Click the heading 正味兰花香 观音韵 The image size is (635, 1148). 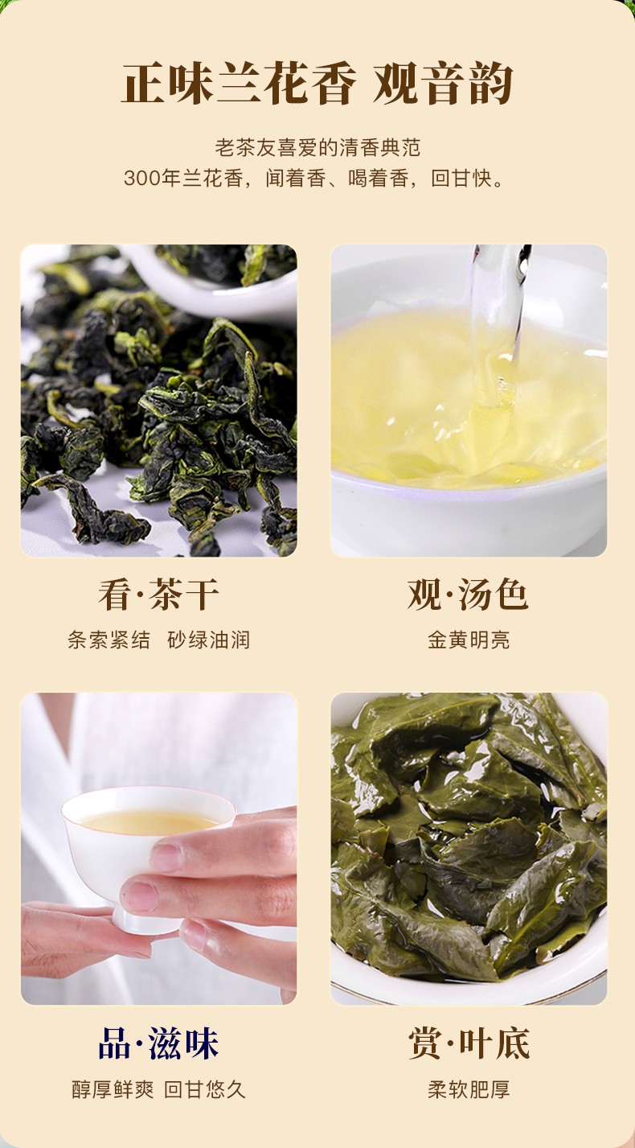(317, 84)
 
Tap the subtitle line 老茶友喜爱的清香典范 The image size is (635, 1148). (317, 147)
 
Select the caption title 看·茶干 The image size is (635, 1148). (159, 595)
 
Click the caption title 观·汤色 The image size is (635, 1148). (468, 595)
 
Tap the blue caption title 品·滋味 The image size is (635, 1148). (159, 1043)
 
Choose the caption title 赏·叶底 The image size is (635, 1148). (469, 1043)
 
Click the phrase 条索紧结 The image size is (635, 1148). (109, 640)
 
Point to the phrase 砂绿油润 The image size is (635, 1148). (209, 640)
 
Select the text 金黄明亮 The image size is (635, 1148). (469, 640)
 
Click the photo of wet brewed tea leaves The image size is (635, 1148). (469, 848)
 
